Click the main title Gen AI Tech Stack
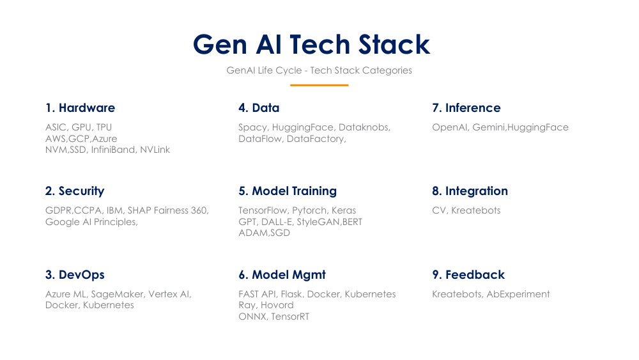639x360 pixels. click(x=312, y=45)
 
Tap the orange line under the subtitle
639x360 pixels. click(x=319, y=85)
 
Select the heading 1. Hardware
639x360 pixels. click(x=80, y=107)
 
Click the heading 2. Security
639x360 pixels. click(x=74, y=191)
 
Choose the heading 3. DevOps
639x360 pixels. click(x=75, y=274)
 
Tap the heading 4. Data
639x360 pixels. click(x=259, y=107)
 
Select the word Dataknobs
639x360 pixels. click(x=364, y=127)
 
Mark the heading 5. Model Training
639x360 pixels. click(x=288, y=191)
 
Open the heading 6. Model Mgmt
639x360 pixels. click(x=282, y=274)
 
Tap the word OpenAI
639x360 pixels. click(x=450, y=127)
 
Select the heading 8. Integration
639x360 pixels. click(x=470, y=191)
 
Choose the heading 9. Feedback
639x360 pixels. click(x=468, y=274)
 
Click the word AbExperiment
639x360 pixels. click(x=518, y=294)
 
